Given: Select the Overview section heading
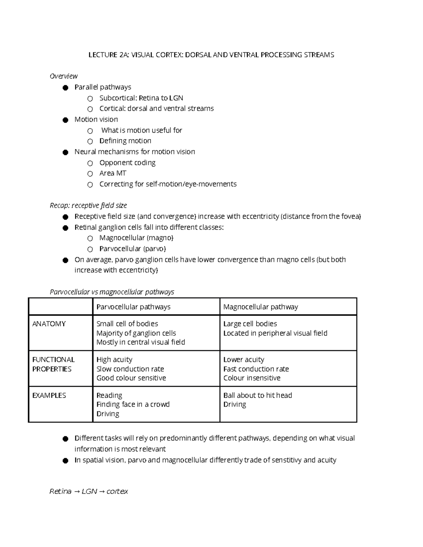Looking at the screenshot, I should point(63,76).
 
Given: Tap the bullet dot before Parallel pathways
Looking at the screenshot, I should point(65,88).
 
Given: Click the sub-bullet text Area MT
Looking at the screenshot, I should point(113,173).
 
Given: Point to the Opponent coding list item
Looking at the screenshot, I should point(127,163).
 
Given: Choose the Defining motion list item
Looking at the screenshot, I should point(125,141).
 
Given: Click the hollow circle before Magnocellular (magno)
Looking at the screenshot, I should point(90,238).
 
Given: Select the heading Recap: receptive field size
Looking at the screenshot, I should point(88,205).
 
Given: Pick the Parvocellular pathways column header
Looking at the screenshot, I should point(133,307).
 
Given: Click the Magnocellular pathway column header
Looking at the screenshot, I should point(260,307).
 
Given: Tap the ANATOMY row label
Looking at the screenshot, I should point(49,324).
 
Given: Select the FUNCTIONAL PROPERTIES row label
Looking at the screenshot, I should point(54,364).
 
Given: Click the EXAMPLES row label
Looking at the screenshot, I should point(49,395).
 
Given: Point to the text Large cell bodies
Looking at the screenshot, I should point(250,324).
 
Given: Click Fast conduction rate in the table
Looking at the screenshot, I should point(256,369).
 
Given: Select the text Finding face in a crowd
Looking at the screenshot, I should point(133,404).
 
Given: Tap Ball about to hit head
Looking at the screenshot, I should point(258,395).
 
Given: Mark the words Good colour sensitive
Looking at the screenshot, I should point(131,378).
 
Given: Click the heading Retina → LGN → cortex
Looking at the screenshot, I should point(88,491).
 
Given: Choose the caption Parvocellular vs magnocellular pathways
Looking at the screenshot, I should point(112,292).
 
